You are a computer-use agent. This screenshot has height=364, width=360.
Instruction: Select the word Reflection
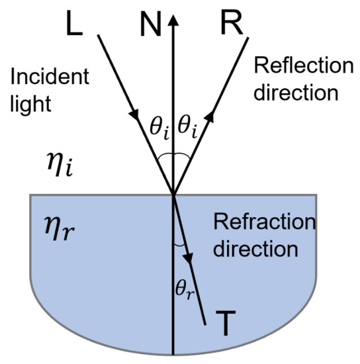click(x=296, y=66)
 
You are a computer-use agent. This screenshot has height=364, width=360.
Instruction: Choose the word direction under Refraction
click(x=255, y=250)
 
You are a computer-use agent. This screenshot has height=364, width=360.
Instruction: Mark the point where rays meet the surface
click(x=173, y=195)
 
